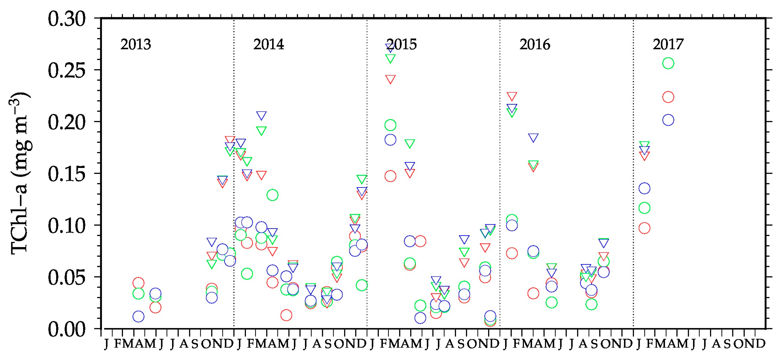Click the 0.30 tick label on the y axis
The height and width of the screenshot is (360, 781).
click(66, 19)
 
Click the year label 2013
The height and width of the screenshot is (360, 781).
click(135, 44)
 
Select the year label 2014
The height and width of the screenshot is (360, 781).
click(269, 44)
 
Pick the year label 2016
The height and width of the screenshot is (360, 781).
click(535, 44)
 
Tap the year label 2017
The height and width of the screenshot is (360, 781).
click(668, 44)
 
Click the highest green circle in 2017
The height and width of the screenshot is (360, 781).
click(668, 63)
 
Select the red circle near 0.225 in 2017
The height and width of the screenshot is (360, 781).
click(668, 97)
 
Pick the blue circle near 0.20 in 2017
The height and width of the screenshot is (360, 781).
click(668, 120)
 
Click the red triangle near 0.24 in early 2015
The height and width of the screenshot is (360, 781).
click(390, 79)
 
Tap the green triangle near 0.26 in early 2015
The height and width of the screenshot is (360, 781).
click(390, 58)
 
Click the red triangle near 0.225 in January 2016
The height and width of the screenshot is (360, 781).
click(512, 96)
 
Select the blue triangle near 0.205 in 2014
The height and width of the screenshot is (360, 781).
click(261, 115)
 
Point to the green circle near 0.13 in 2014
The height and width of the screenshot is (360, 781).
click(272, 195)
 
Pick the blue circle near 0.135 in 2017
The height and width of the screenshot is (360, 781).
click(644, 188)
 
